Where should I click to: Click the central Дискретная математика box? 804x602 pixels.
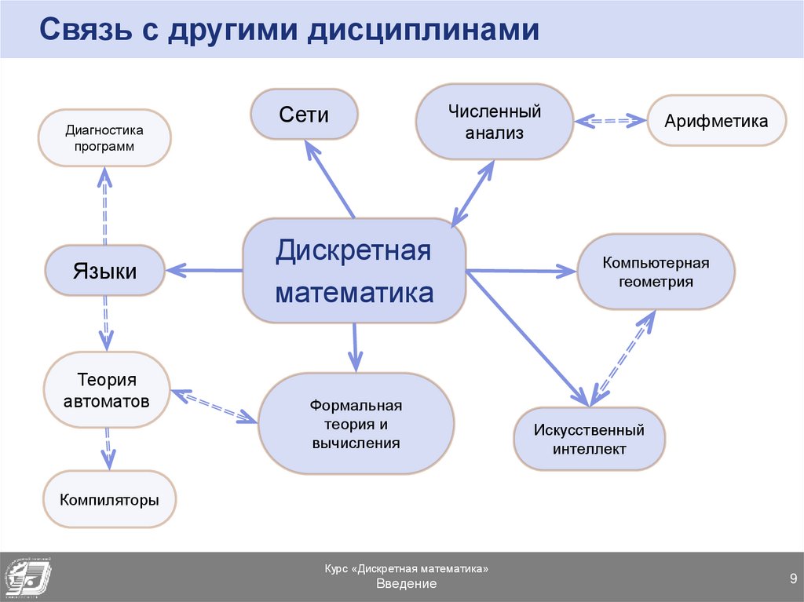point(354,272)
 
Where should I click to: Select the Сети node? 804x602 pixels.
point(304,115)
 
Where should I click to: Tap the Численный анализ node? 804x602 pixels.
point(495,122)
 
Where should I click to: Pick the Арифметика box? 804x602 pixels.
point(716,121)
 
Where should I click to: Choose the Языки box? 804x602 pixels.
point(105,271)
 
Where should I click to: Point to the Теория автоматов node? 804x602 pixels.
point(107,391)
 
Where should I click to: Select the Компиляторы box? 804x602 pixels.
point(110,499)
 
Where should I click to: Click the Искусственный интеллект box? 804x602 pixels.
point(589,439)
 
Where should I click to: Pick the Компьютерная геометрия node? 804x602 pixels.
point(656,272)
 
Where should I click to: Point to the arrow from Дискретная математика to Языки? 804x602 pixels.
point(205,270)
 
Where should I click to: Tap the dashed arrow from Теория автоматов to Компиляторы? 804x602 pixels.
point(108,449)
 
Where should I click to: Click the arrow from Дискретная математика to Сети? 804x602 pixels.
point(330,181)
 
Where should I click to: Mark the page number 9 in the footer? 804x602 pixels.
point(793,578)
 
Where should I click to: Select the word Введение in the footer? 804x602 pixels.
point(406,585)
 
